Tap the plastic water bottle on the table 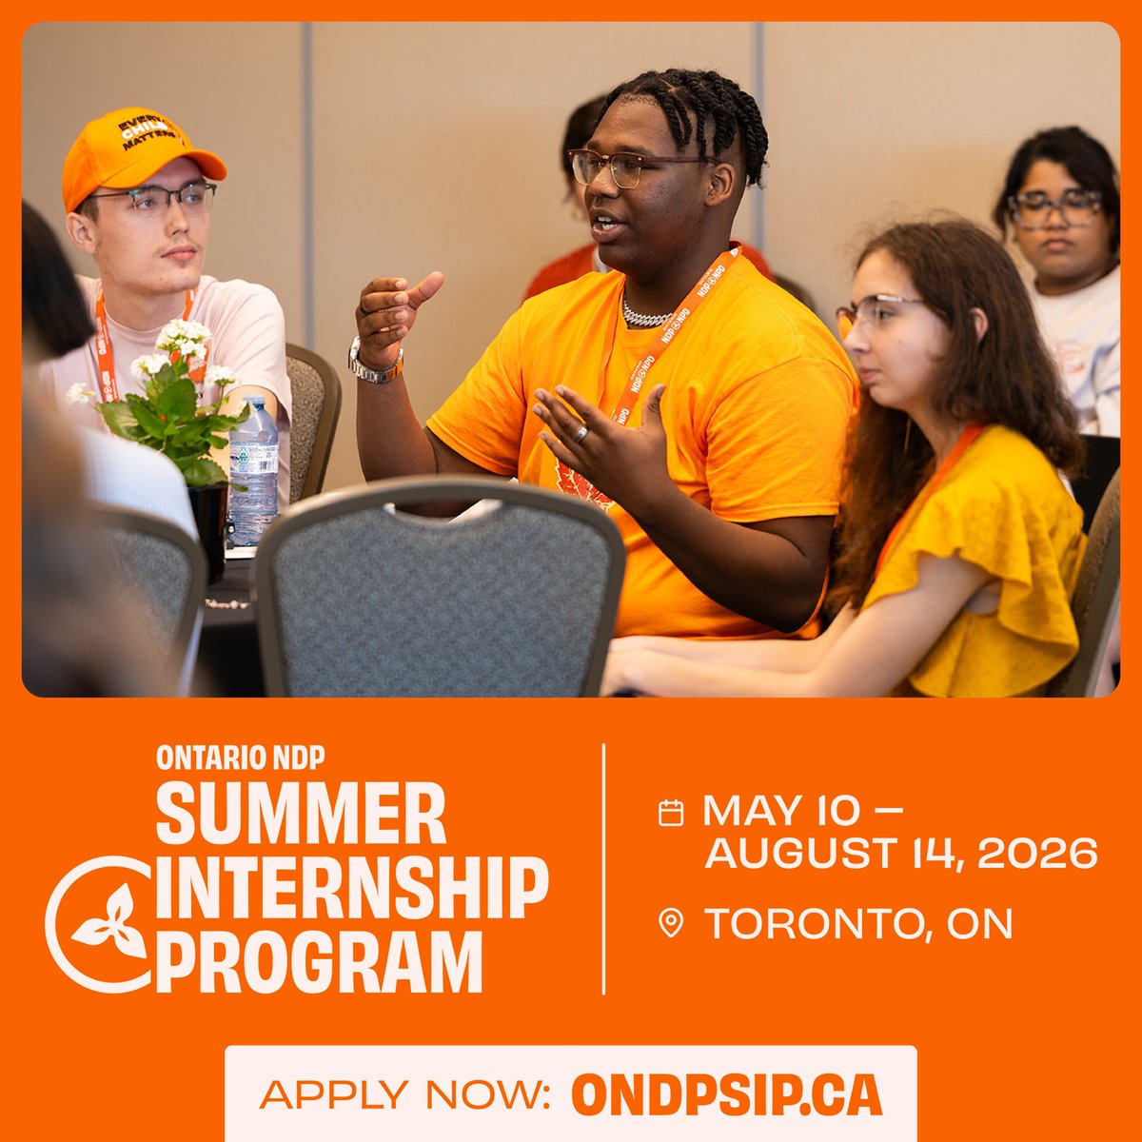(253, 471)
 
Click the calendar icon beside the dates (671, 812)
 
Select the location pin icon (671, 923)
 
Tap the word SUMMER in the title (301, 815)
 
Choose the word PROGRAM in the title (320, 963)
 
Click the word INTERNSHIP (352, 889)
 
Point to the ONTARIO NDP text (241, 758)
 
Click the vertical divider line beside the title (603, 868)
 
